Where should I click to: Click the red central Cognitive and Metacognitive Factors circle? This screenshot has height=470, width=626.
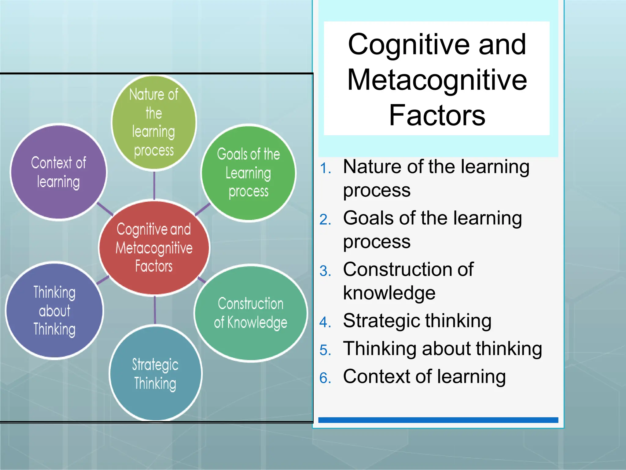point(154,248)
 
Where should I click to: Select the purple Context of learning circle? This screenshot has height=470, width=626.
point(58,172)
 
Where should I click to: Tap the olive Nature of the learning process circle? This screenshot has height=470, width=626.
point(154,122)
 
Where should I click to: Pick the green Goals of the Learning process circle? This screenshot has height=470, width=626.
point(249,173)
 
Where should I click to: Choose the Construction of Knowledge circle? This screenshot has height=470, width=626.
point(251,313)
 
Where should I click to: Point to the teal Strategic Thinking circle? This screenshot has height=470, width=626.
point(155,374)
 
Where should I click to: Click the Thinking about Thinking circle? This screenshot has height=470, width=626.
point(55,311)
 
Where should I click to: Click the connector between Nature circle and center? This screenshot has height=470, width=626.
point(154,185)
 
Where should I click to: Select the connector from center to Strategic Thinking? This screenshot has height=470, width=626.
point(155,310)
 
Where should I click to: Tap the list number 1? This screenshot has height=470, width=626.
point(325,169)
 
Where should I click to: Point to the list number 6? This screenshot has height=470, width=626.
point(325,378)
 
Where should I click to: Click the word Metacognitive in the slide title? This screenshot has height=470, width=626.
point(437,80)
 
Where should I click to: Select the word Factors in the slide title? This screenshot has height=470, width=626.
point(437,115)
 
